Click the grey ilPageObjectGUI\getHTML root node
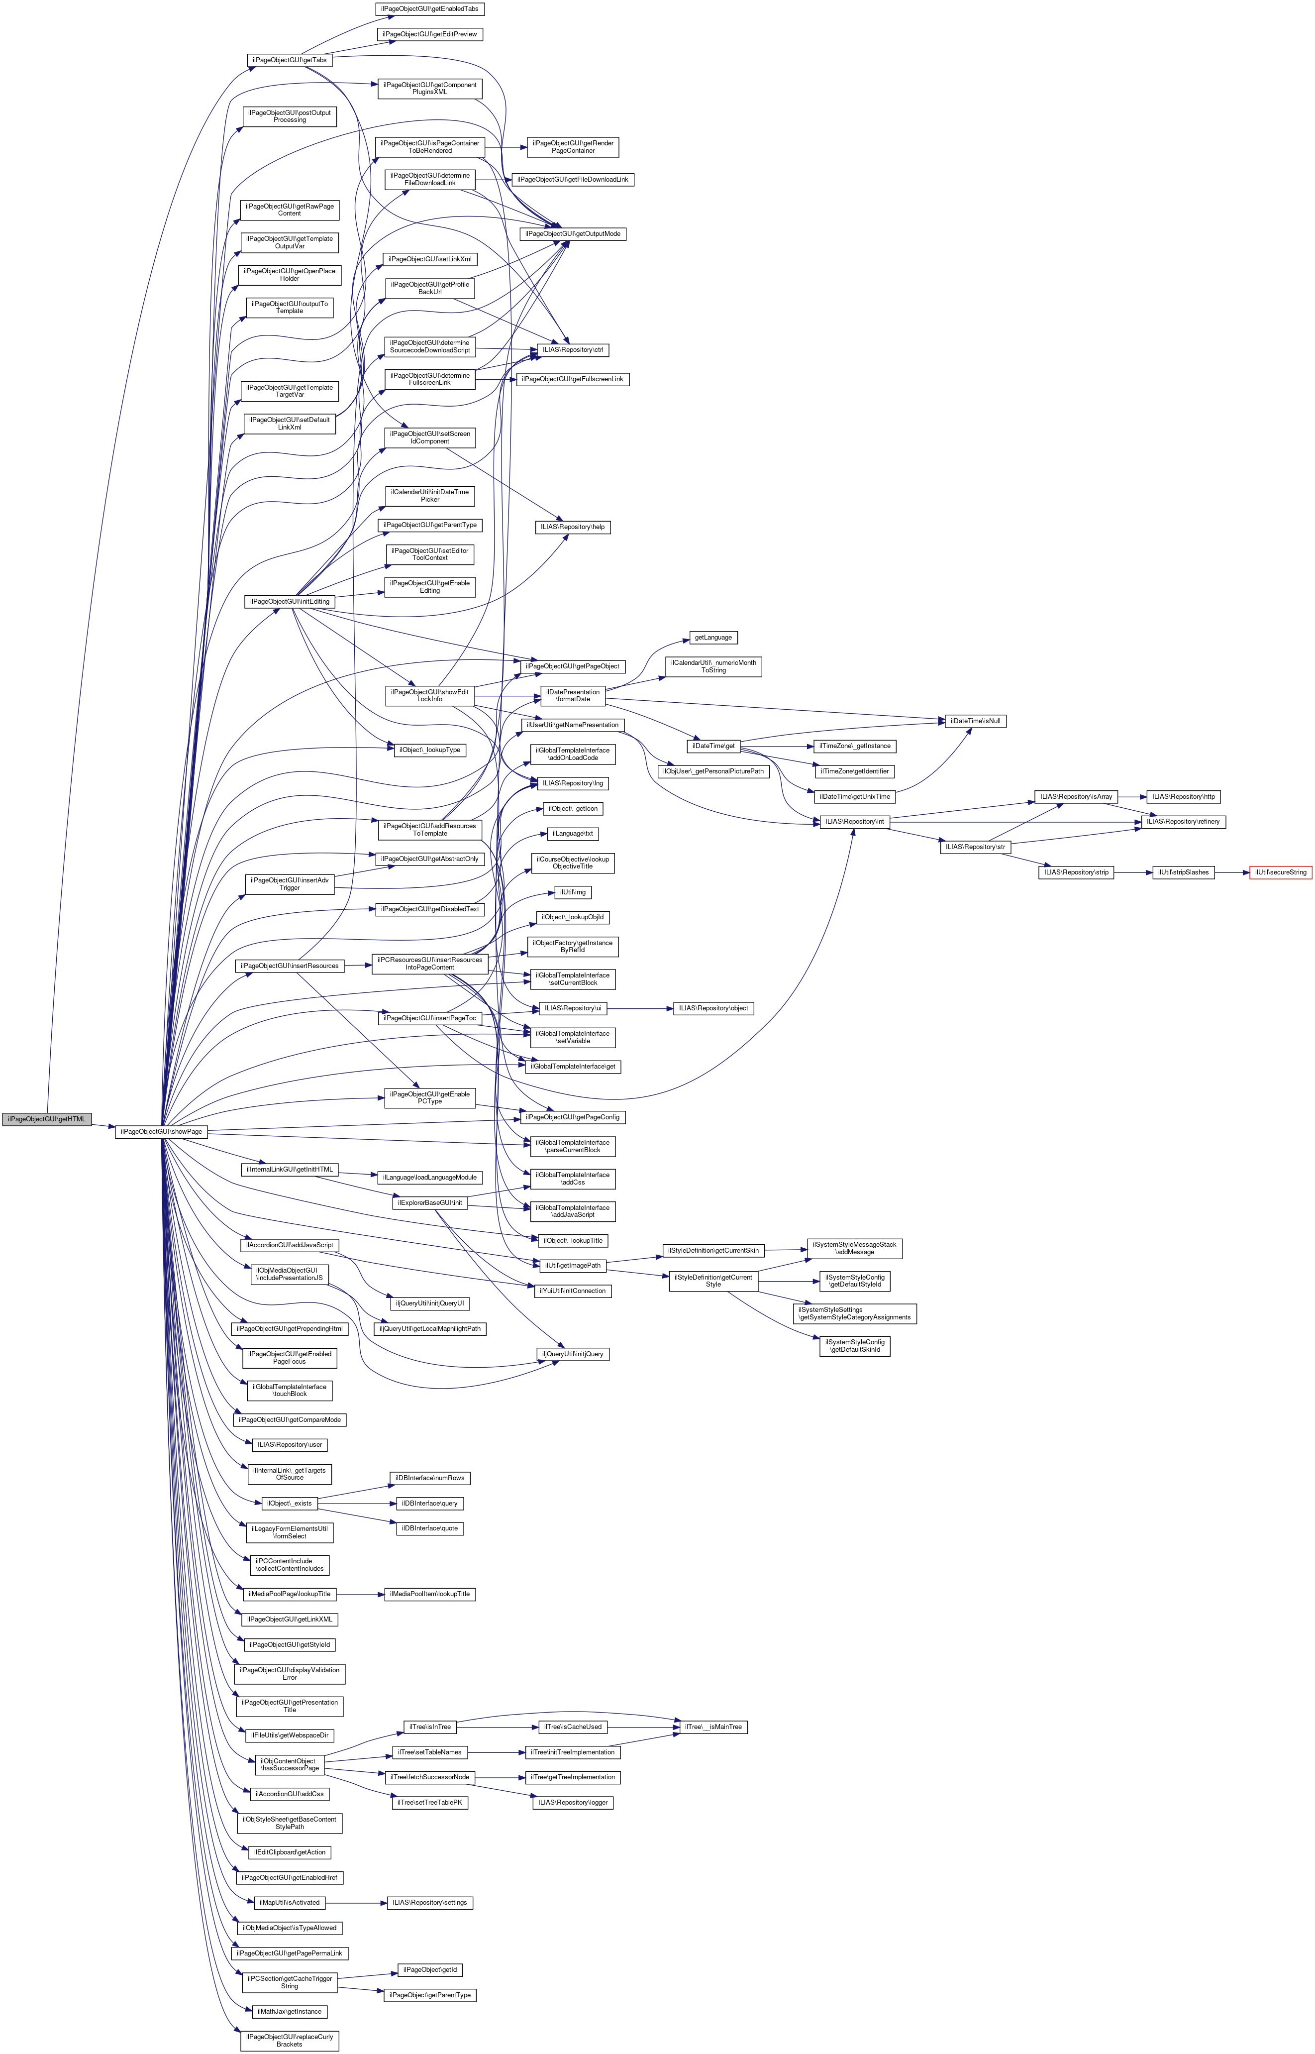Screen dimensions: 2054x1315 tap(46, 1119)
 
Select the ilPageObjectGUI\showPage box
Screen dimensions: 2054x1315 tap(161, 1132)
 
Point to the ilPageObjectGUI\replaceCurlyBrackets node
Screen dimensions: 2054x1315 tap(290, 2041)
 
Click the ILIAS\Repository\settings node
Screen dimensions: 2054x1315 tap(429, 1902)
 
